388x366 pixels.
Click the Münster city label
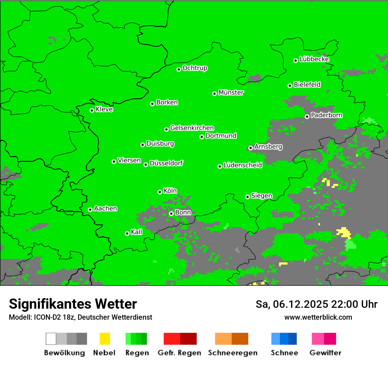[x=231, y=93]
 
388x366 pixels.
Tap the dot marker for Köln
[x=160, y=192]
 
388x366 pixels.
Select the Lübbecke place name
[x=314, y=59]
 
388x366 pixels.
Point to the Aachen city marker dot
[x=90, y=209]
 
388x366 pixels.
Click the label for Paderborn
[x=326, y=115]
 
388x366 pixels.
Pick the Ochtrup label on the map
[x=195, y=68]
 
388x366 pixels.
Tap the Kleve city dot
[x=92, y=110]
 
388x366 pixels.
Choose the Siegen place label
[x=261, y=196]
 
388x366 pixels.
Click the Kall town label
[x=137, y=232]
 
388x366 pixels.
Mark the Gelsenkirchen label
[x=192, y=128]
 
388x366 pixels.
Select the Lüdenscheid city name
[x=242, y=165]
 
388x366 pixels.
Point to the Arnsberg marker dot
[x=250, y=148]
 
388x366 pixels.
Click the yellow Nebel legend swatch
[x=104, y=339]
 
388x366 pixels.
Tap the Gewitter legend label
[x=325, y=353]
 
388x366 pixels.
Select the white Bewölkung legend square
[x=51, y=339]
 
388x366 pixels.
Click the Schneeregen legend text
[x=231, y=353]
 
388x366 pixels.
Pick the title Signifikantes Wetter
[x=73, y=304]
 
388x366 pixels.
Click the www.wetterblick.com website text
[x=318, y=317]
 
